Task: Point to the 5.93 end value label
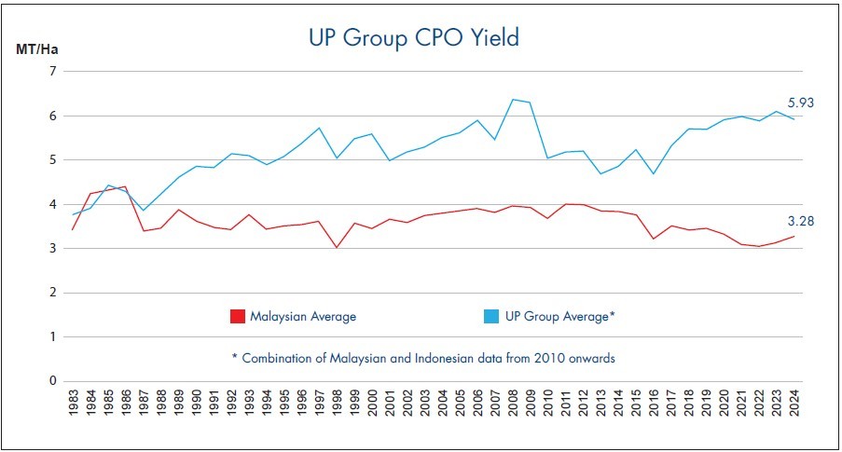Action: pos(800,103)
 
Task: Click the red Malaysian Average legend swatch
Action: pos(238,316)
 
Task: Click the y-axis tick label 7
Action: pos(52,72)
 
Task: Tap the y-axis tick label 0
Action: pos(52,381)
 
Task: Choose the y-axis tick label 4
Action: pos(52,204)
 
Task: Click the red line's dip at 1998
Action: pos(336,247)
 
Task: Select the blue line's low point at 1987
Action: pos(144,211)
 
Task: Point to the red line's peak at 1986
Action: pos(126,186)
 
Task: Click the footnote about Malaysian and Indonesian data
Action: pos(422,358)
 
